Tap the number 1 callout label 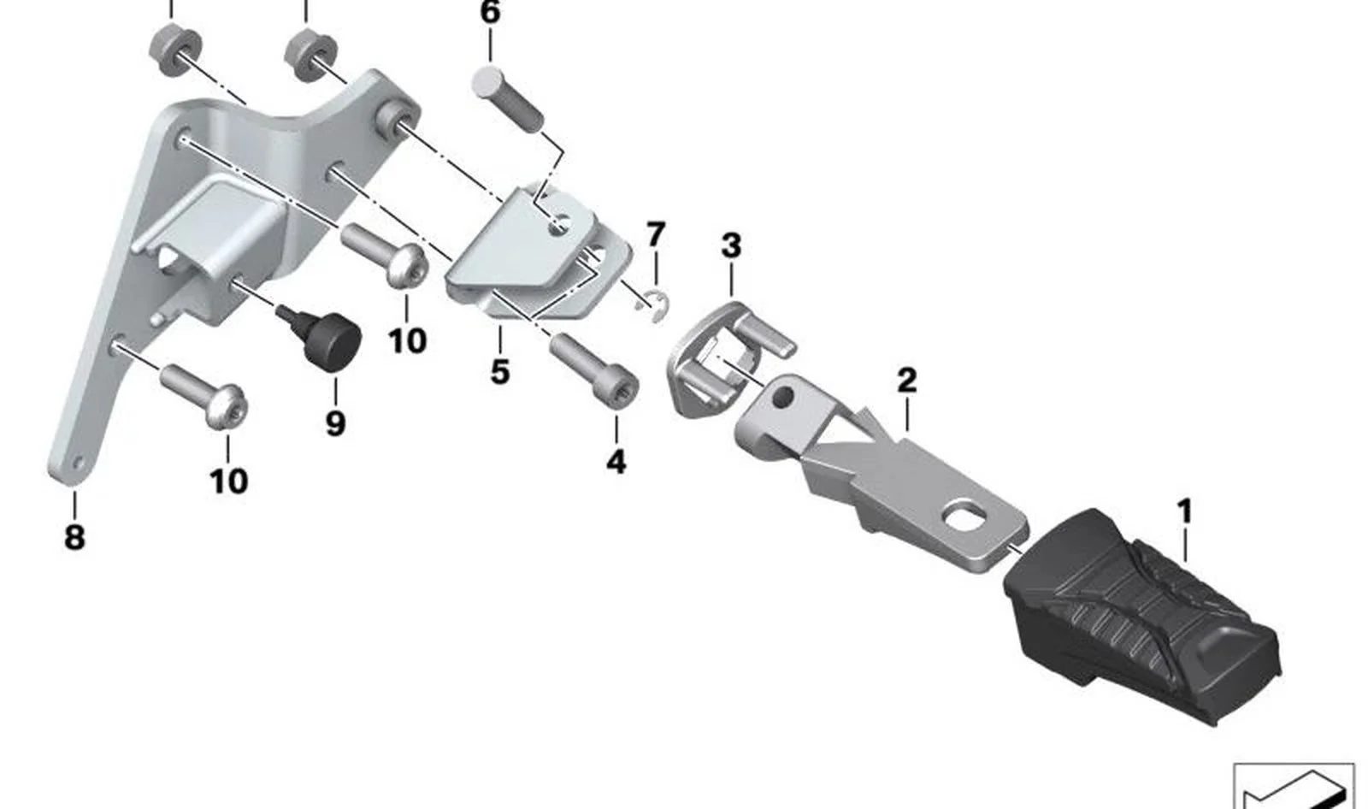(1184, 511)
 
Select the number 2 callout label (907, 380)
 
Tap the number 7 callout (655, 234)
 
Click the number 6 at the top (491, 12)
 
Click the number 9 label (335, 423)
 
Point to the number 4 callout (616, 462)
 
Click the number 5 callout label (499, 372)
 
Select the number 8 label (74, 538)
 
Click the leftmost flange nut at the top (175, 52)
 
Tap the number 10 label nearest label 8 (228, 481)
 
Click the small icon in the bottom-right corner (1294, 786)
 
